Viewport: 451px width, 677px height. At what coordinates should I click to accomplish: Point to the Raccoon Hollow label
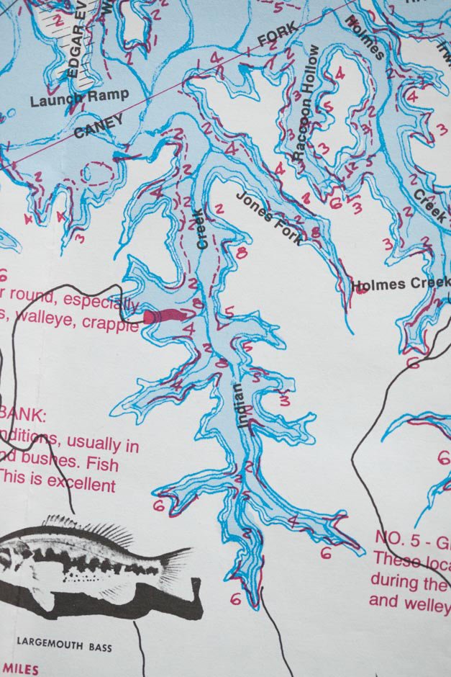coord(306,102)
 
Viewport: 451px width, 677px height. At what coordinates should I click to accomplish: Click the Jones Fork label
coord(271,218)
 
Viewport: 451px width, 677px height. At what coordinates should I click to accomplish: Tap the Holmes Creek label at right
coord(400,284)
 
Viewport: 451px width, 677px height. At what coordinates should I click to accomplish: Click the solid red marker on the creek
coord(164,316)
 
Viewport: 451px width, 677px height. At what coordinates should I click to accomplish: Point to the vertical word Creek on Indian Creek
coord(202,229)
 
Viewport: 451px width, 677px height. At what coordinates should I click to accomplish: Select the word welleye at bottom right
coord(424,601)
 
